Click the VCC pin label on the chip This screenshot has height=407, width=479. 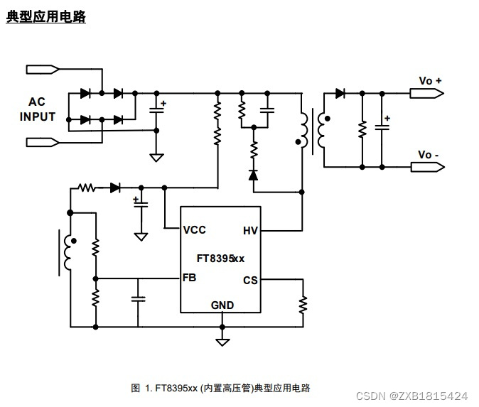(x=194, y=230)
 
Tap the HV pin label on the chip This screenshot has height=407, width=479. (x=250, y=230)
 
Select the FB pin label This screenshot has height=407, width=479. (x=189, y=278)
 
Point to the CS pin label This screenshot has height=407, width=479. (x=250, y=280)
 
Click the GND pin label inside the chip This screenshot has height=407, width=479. (x=222, y=305)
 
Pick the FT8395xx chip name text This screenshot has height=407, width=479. (x=220, y=259)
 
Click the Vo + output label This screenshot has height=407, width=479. (x=430, y=81)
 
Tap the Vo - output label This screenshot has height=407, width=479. (x=429, y=155)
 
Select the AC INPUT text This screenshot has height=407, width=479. (x=37, y=109)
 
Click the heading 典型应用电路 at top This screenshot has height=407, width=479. (x=46, y=17)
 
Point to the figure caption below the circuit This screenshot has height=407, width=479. (x=221, y=388)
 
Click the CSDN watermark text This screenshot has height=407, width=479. (x=411, y=395)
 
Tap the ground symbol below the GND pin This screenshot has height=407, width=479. (x=222, y=341)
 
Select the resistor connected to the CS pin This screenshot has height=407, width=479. (x=303, y=304)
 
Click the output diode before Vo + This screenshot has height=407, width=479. (x=340, y=93)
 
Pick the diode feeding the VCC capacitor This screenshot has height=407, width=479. (x=115, y=188)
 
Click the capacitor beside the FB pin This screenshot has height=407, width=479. (x=139, y=299)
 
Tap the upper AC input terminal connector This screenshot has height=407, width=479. (x=43, y=69)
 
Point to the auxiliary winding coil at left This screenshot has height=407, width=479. (x=68, y=252)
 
